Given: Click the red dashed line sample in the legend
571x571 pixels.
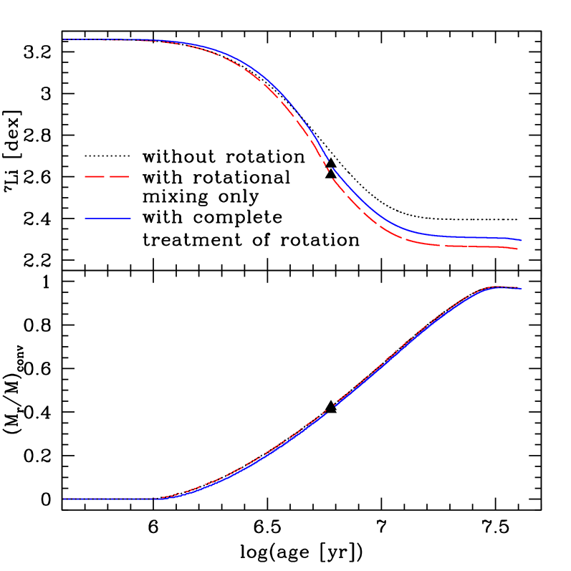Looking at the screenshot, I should [x=107, y=176].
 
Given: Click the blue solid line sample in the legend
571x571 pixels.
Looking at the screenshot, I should [x=107, y=218].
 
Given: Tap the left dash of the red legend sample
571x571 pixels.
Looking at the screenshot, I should [x=95, y=176].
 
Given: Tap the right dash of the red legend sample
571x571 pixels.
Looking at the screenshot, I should [x=120, y=176].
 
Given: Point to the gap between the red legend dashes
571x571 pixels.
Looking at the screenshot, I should [x=107, y=176].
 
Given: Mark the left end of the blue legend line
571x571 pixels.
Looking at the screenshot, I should [x=85, y=218].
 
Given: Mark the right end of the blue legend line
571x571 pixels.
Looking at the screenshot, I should [x=131, y=218].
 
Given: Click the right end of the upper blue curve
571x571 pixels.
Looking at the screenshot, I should [x=522, y=240].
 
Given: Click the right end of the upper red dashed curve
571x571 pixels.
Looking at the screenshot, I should [x=517, y=249].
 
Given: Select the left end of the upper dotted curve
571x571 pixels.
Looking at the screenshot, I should [x=64, y=39].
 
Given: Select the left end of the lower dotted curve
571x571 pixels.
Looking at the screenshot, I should [x=64, y=499].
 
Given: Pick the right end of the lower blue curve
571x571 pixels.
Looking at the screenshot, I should [x=522, y=289].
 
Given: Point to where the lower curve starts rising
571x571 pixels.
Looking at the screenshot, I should [x=162, y=498].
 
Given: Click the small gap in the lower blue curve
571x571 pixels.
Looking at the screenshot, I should [x=331, y=409].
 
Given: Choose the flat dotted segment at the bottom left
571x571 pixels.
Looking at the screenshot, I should [x=111, y=499].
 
